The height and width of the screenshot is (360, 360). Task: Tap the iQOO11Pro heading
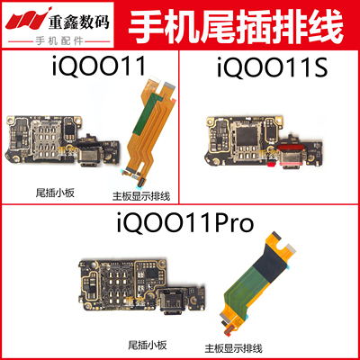point(179,219)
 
